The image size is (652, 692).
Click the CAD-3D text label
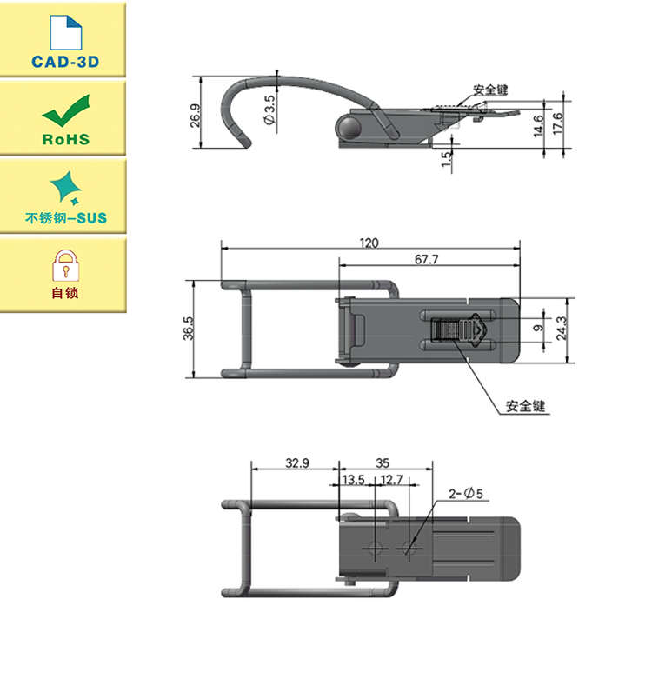pyautogui.click(x=65, y=62)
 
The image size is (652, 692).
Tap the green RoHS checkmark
pyautogui.click(x=66, y=110)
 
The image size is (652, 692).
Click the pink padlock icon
pyautogui.click(x=65, y=266)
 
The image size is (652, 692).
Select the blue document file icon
pyautogui.click(x=66, y=33)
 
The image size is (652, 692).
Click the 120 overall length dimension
pyautogui.click(x=369, y=243)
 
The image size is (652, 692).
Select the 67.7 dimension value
pyautogui.click(x=427, y=259)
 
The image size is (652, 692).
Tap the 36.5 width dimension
pyautogui.click(x=188, y=329)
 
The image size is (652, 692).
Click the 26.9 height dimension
pyautogui.click(x=195, y=116)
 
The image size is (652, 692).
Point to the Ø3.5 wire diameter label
pyautogui.click(x=269, y=110)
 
